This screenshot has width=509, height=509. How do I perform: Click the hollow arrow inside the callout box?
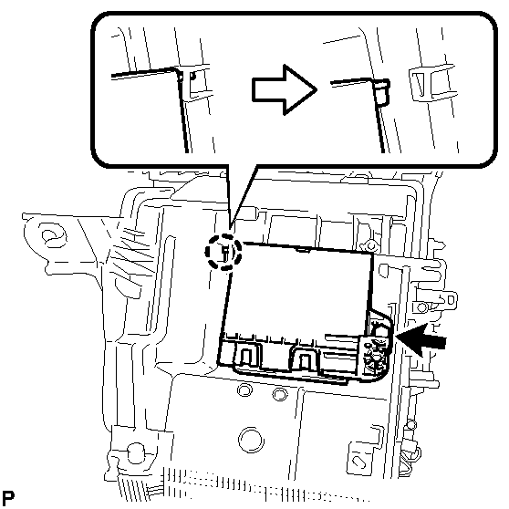(x=283, y=89)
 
